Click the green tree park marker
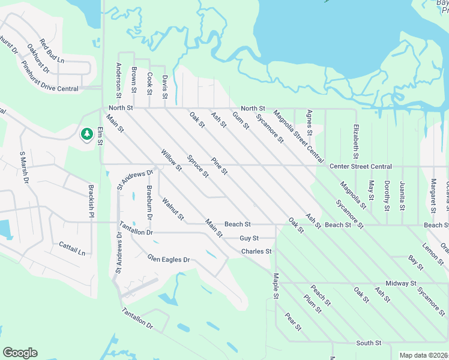click(x=87, y=134)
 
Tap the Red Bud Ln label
click(x=52, y=51)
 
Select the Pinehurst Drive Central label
click(x=50, y=76)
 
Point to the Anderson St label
click(x=119, y=80)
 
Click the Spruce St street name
click(x=197, y=167)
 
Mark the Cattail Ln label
click(x=73, y=248)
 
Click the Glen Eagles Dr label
click(x=169, y=259)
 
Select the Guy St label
click(x=249, y=238)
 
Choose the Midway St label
click(x=401, y=283)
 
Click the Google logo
click(x=20, y=353)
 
